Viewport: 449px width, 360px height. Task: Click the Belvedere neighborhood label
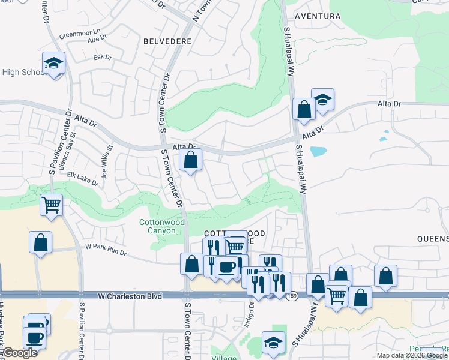point(167,41)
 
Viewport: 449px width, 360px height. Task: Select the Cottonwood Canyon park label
point(161,226)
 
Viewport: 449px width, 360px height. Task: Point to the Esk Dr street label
point(103,58)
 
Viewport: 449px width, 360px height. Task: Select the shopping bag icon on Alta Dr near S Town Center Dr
point(191,160)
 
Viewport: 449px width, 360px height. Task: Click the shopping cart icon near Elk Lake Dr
point(51,205)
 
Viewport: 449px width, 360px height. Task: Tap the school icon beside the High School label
point(53,63)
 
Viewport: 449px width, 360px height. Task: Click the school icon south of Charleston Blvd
point(273,342)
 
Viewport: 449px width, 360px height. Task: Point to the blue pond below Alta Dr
point(318,151)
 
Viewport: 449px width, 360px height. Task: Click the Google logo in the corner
point(20,353)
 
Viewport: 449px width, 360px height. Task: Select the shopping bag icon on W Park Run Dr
point(40,242)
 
